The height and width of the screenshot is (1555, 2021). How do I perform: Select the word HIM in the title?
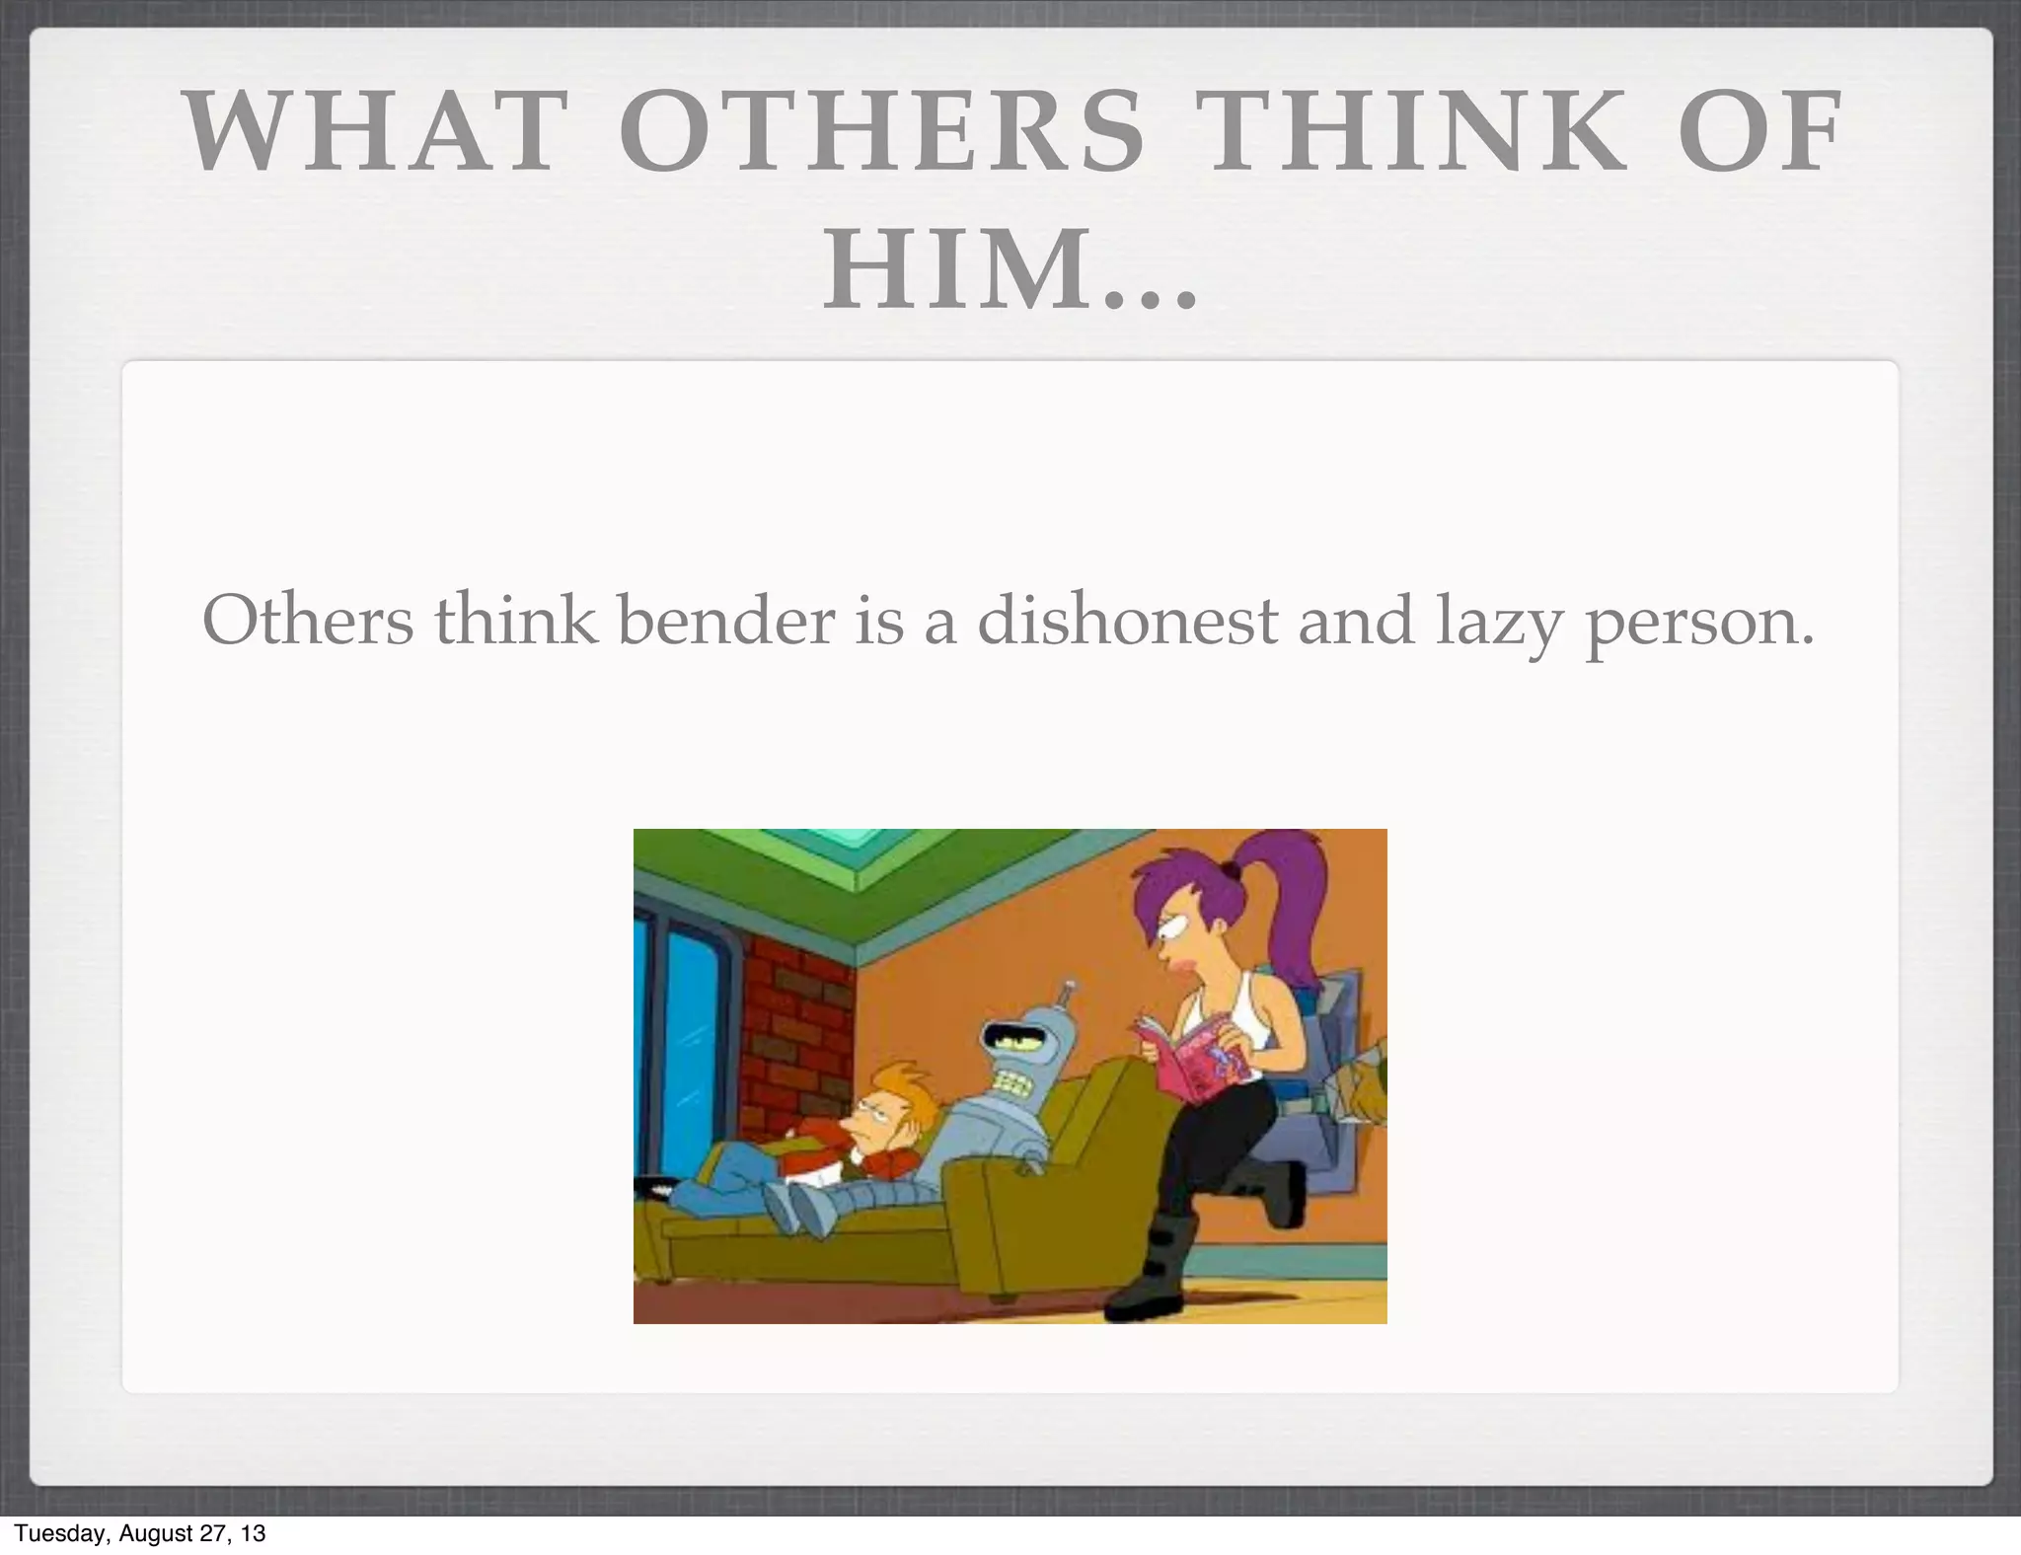click(x=953, y=269)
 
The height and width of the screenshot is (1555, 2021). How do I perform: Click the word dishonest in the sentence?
click(x=1127, y=622)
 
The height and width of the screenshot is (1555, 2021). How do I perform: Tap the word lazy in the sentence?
click(x=1498, y=624)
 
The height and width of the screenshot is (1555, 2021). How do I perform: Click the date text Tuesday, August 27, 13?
click(x=140, y=1533)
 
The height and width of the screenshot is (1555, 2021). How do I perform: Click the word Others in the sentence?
click(x=308, y=622)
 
